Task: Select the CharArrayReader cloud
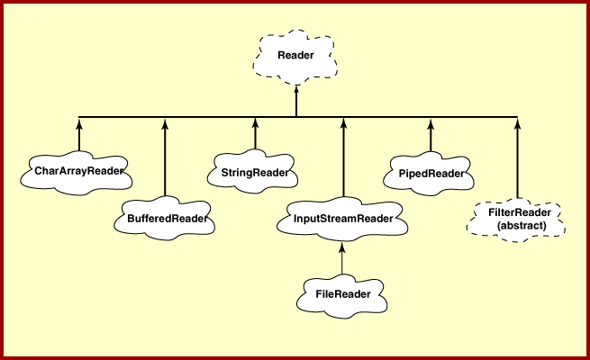coord(77,171)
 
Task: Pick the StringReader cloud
coord(255,171)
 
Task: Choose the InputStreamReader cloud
coord(343,218)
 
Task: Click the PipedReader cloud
coord(430,172)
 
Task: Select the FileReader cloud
coord(343,293)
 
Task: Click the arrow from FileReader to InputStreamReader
coord(343,259)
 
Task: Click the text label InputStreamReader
coord(343,218)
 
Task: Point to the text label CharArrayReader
coord(77,171)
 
